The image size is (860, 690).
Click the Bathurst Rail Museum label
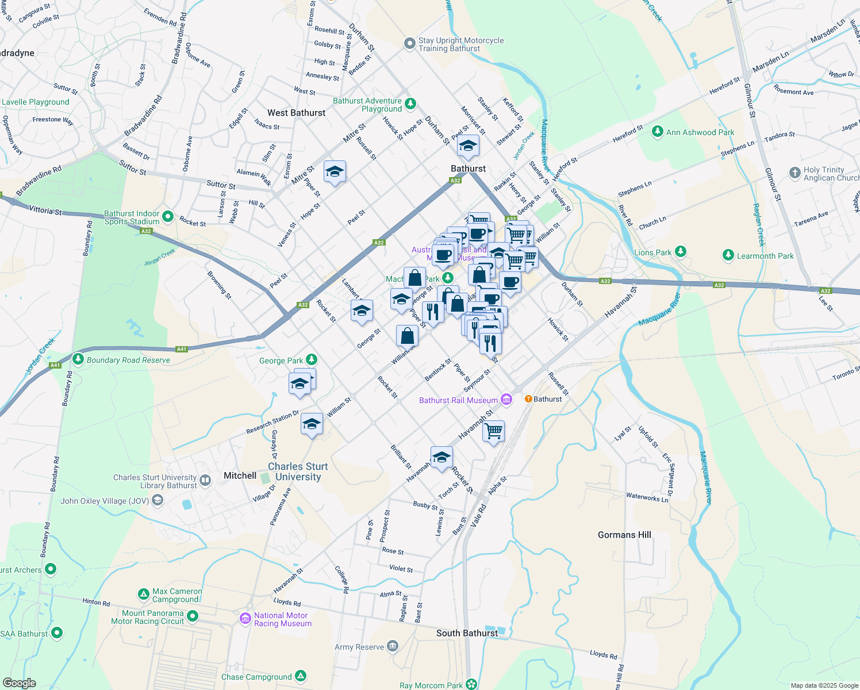pos(458,400)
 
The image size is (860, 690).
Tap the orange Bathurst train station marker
pos(528,398)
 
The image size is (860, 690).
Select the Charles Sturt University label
pos(298,471)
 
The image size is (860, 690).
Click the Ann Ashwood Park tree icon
pos(658,132)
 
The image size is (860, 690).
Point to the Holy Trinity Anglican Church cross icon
pos(794,173)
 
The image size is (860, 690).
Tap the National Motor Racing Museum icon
pos(245,619)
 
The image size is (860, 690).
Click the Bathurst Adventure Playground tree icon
pos(410,104)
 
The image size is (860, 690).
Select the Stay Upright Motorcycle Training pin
pos(409,44)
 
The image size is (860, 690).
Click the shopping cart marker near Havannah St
pos(493,431)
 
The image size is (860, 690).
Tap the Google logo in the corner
pos(19,683)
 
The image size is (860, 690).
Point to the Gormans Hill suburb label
pos(624,535)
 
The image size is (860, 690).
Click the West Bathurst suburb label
pos(296,113)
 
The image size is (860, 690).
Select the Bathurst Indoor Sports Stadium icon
pos(167,217)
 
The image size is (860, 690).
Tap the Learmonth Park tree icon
pos(728,255)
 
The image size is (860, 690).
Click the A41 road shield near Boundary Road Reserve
pos(182,349)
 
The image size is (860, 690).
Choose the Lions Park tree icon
pos(681,252)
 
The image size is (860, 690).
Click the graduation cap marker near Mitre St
pos(335,171)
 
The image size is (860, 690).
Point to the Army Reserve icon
pos(393,646)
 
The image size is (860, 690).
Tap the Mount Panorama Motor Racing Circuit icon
pos(193,616)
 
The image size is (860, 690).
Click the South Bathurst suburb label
pos(467,633)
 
